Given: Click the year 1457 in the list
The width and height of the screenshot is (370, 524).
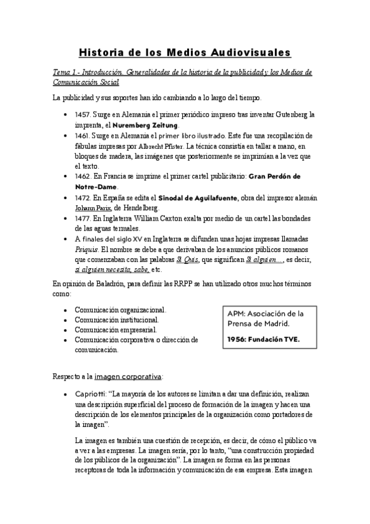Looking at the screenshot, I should (83, 114).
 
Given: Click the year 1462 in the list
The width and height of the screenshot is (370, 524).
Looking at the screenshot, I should (83, 177).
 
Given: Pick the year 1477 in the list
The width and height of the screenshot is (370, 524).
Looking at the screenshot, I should (83, 219).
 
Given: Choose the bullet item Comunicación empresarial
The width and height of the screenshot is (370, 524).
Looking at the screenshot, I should (119, 329).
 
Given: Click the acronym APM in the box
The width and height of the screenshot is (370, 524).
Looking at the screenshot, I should (238, 313).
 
